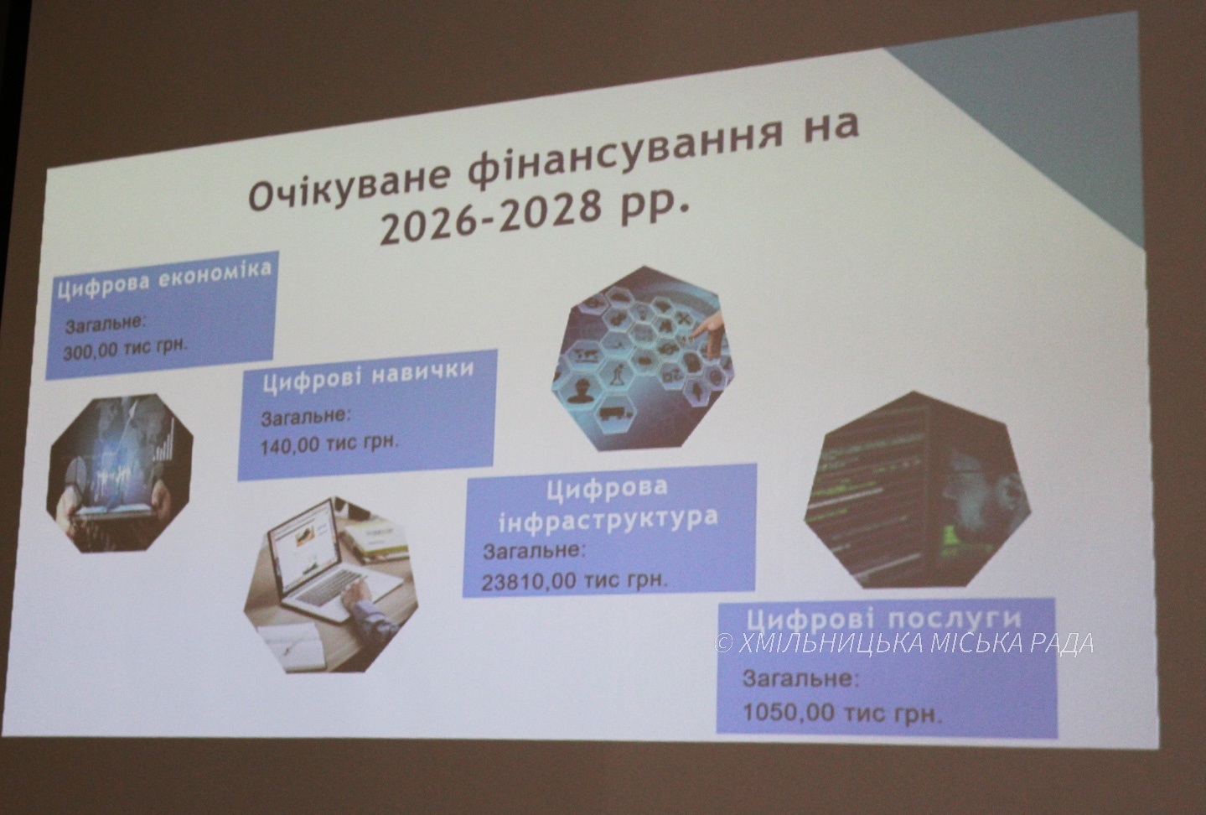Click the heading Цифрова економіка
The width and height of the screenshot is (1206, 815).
tap(164, 279)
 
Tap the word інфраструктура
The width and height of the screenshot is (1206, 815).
tap(608, 519)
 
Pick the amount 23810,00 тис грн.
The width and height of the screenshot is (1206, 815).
tap(574, 581)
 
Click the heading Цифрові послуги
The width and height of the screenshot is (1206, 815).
tap(883, 619)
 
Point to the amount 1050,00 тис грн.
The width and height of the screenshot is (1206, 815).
tap(843, 714)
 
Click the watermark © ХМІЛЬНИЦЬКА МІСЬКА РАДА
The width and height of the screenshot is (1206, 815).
tap(904, 642)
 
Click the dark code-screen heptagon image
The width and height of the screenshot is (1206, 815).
tap(917, 491)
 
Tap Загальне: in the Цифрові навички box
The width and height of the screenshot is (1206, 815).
tap(305, 417)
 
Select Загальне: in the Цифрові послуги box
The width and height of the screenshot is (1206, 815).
tap(800, 678)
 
